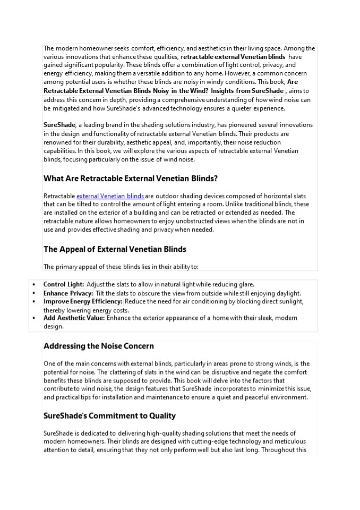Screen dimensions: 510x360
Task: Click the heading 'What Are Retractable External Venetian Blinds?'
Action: click(131, 178)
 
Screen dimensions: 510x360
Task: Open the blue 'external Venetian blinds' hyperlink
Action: click(110, 196)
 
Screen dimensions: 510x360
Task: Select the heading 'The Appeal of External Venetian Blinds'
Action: click(115, 249)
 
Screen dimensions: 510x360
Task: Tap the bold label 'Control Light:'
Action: click(64, 284)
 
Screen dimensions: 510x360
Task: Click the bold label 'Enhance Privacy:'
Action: click(68, 293)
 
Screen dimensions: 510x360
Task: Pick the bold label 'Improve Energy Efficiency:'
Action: click(83, 301)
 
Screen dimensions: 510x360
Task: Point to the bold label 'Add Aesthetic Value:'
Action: click(74, 318)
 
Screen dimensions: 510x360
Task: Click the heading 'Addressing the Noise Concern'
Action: click(99, 346)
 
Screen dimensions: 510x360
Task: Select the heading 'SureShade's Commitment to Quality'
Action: click(109, 415)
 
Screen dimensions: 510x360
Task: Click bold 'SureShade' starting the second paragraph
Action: click(59, 125)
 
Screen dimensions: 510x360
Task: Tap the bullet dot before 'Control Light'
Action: click(35, 285)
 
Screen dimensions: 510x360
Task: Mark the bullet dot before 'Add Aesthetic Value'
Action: click(35, 318)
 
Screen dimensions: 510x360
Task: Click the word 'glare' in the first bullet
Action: click(245, 284)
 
